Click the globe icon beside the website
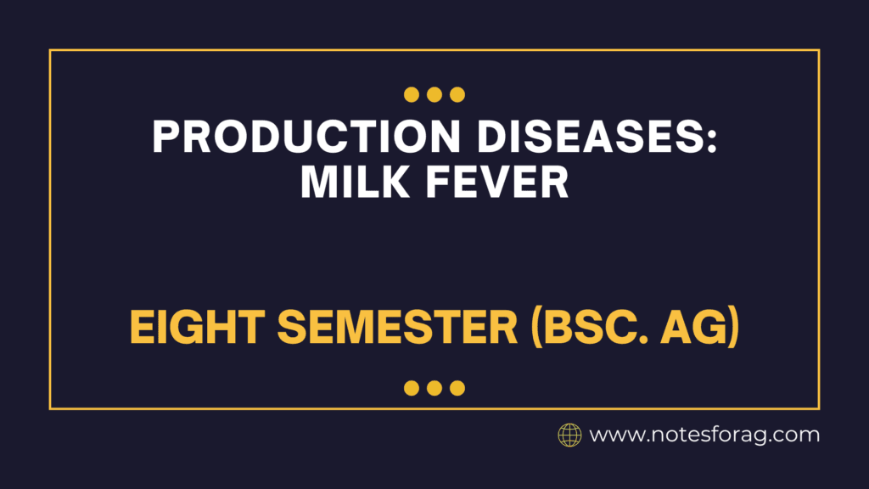pos(569,436)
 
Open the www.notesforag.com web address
pos(704,436)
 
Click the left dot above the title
pos(412,94)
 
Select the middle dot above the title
pos(434,94)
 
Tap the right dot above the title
pos(457,94)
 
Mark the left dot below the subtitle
pos(412,388)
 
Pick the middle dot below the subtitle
pos(434,388)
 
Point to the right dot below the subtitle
pos(457,388)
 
